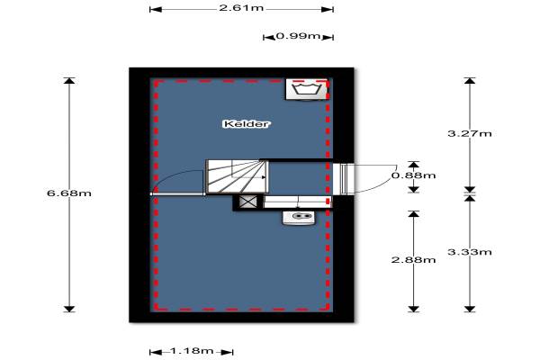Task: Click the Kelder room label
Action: tap(247, 123)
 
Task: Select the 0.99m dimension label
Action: tap(298, 37)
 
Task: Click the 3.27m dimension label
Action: tap(469, 134)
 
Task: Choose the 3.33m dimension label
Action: tap(469, 251)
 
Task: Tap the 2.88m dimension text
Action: tap(413, 259)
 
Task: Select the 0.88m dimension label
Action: tap(413, 175)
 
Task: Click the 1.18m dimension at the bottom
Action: tap(191, 351)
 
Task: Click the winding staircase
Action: tap(237, 176)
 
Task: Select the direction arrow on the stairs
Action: tap(261, 177)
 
